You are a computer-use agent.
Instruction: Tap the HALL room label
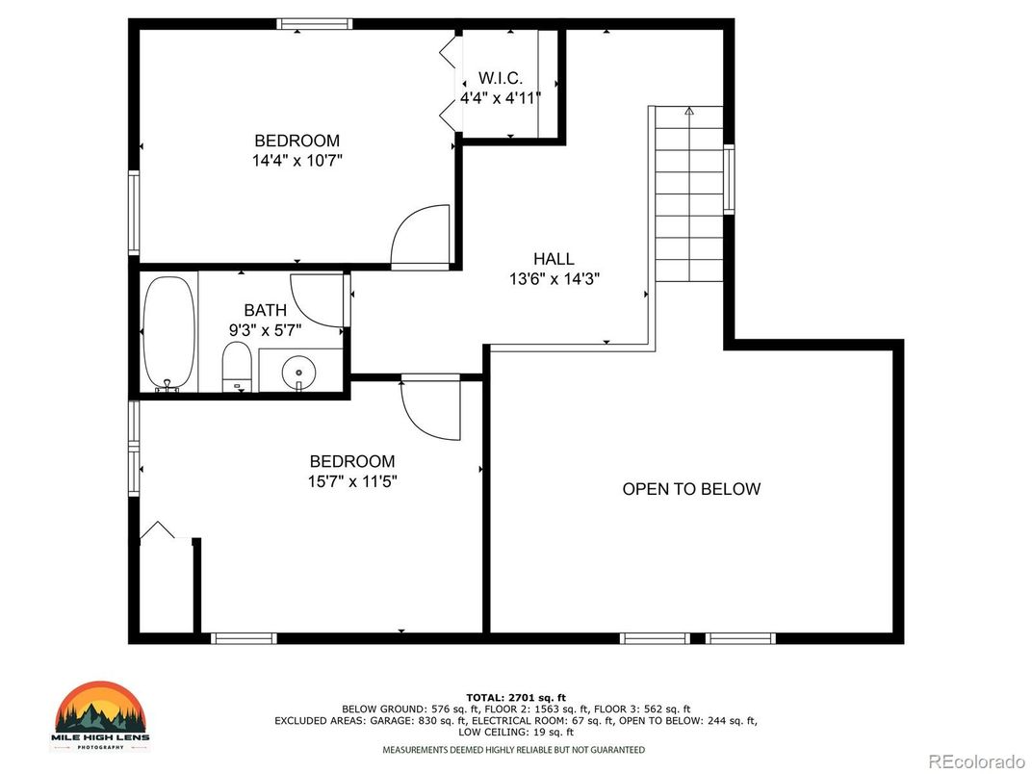tap(554, 259)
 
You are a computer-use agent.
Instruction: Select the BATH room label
tap(265, 310)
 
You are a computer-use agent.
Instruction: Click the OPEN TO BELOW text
tap(691, 489)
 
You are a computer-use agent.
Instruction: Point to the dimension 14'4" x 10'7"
tap(297, 161)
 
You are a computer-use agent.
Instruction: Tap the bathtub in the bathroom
tap(168, 332)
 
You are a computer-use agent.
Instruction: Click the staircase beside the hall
tap(688, 193)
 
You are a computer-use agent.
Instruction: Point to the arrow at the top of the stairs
tap(689, 112)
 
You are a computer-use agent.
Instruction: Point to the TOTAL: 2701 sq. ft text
tap(516, 696)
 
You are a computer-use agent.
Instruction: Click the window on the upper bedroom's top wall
tap(314, 24)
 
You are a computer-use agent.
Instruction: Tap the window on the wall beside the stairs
tap(729, 178)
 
